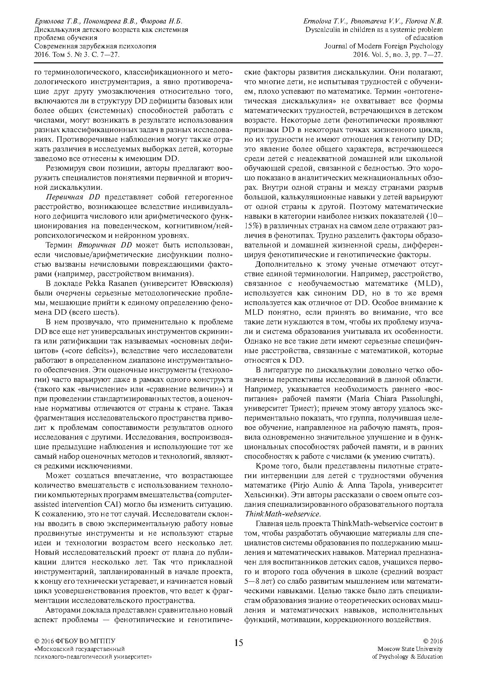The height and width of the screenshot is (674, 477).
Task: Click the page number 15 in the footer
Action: pos(238,642)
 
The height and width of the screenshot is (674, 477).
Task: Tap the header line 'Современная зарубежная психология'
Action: pos(95,46)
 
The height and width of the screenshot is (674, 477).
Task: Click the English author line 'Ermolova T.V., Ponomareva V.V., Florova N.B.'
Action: pos(373,21)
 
